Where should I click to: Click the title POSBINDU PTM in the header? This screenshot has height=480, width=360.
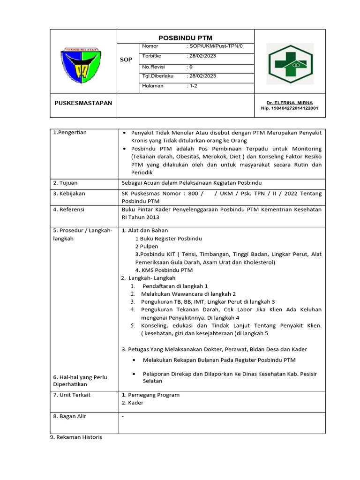click(185, 38)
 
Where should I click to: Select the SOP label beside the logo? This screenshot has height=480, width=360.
click(127, 60)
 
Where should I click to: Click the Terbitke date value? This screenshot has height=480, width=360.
click(202, 56)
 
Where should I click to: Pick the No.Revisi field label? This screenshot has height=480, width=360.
click(153, 67)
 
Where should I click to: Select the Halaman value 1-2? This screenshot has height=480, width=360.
click(193, 86)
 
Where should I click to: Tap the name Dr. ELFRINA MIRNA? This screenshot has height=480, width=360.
click(289, 103)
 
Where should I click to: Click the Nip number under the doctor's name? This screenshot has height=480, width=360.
click(289, 108)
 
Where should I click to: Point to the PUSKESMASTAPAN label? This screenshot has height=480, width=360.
click(83, 103)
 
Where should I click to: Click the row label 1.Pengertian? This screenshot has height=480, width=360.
click(70, 133)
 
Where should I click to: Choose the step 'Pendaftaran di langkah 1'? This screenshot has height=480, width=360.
click(174, 285)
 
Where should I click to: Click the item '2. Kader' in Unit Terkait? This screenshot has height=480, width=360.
click(132, 403)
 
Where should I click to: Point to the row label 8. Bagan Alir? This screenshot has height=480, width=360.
click(69, 416)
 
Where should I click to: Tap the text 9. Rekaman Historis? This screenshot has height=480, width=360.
click(75, 437)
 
